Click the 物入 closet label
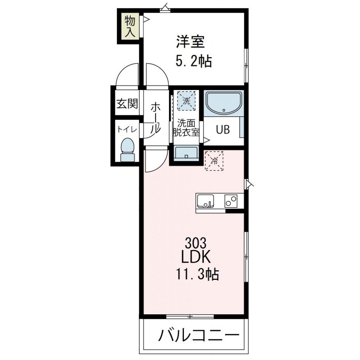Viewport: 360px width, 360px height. coord(129,27)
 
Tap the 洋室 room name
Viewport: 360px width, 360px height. coord(190,43)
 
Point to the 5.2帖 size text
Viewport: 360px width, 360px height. coord(194,62)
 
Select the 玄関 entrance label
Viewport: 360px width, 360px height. coord(127,104)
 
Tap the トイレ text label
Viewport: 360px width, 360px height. coord(127,129)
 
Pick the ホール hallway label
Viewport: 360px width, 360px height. coord(156,118)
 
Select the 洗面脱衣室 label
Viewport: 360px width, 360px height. coord(186,128)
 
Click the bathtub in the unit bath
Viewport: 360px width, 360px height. coord(223,103)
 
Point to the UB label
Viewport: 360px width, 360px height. coord(223,130)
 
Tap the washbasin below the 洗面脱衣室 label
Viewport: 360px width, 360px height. coord(186,153)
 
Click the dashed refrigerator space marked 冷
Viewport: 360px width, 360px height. coord(214,161)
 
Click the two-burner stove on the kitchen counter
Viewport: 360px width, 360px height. coord(231,201)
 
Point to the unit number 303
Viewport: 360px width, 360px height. coord(195,243)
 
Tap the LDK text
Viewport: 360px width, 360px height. coord(195,257)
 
